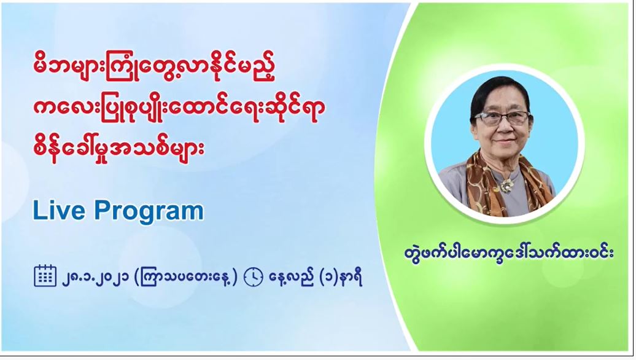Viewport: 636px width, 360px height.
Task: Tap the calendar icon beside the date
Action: (x=45, y=276)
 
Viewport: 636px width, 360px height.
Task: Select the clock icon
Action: (x=254, y=277)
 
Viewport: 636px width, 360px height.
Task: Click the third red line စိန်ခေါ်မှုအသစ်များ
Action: (x=118, y=148)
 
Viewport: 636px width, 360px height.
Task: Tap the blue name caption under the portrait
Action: (x=509, y=252)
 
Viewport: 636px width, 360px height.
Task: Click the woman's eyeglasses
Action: (x=502, y=118)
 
